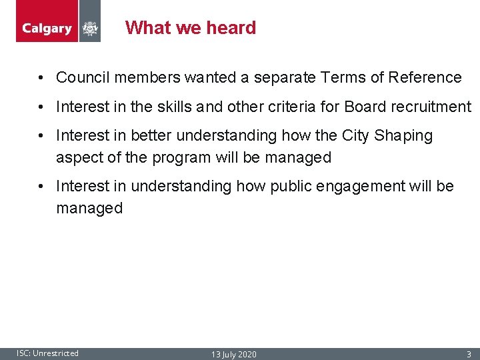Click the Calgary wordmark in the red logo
47,29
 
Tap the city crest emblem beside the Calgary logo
90,29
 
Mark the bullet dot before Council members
41,78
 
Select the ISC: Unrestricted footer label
47,353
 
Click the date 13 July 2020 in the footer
234,354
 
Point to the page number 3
469,354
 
